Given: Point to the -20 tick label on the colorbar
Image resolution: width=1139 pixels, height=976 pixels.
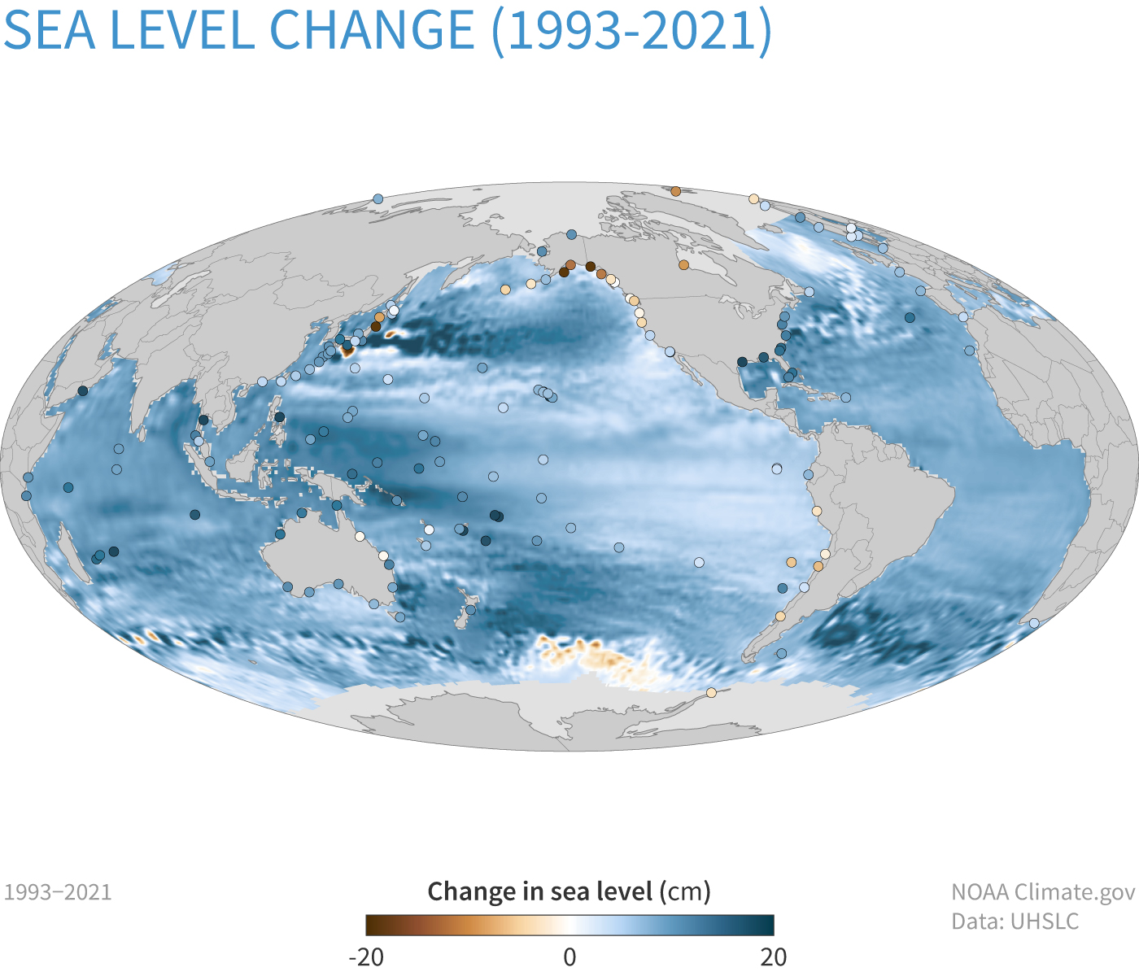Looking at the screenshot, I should [x=366, y=956].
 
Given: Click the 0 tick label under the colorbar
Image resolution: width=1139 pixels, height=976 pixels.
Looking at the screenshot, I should [x=569, y=956].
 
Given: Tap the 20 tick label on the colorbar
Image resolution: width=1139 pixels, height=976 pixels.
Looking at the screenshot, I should [x=774, y=956].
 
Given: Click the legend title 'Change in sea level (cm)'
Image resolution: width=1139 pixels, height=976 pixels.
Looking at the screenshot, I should [x=569, y=891].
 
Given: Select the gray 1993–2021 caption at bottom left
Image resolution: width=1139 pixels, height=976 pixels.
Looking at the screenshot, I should [x=58, y=892].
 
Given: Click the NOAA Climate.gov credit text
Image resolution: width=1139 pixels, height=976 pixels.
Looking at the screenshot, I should [x=1042, y=892].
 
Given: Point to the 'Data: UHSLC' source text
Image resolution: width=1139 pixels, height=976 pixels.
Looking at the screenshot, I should [x=1015, y=922].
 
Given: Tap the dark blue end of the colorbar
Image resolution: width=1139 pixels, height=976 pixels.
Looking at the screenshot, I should [x=766, y=926].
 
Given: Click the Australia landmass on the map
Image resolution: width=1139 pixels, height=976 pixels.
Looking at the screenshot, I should [x=325, y=553].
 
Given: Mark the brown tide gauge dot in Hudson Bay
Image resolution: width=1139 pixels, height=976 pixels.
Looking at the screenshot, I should [x=683, y=265].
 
